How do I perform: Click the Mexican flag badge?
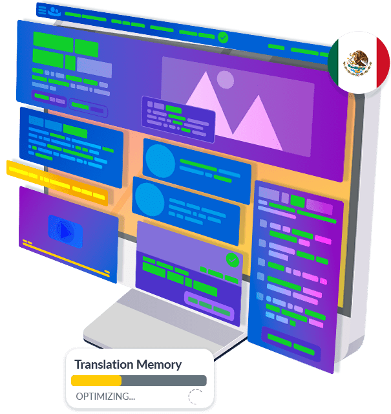358,63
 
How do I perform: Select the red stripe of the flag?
381,63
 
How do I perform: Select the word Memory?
161,365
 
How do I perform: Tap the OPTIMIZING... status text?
105,396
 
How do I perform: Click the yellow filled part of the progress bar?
96,381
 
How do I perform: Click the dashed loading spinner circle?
195,397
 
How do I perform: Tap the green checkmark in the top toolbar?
223,38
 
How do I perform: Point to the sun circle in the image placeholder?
225,80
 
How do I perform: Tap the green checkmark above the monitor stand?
232,261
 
